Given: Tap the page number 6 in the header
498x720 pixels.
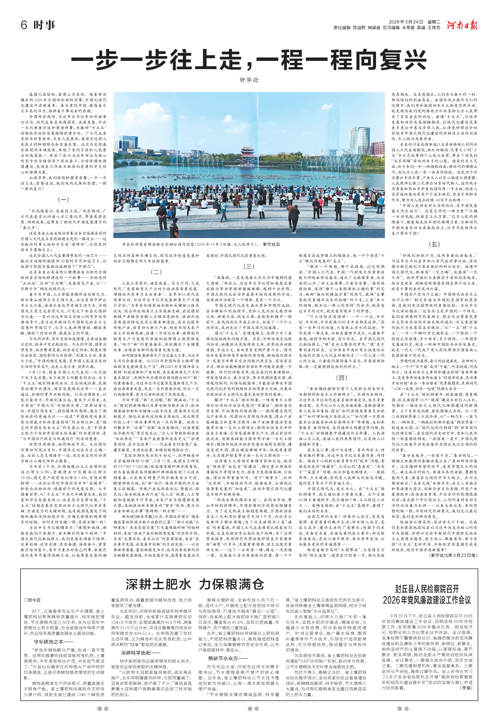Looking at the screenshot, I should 24,25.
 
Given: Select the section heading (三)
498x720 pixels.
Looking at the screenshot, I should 249,266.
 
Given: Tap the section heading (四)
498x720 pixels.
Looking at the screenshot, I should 341,377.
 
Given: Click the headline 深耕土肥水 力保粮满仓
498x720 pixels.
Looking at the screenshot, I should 195,584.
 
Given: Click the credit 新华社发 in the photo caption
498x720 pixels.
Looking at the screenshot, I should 271,244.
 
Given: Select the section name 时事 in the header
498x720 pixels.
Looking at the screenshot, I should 44,25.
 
